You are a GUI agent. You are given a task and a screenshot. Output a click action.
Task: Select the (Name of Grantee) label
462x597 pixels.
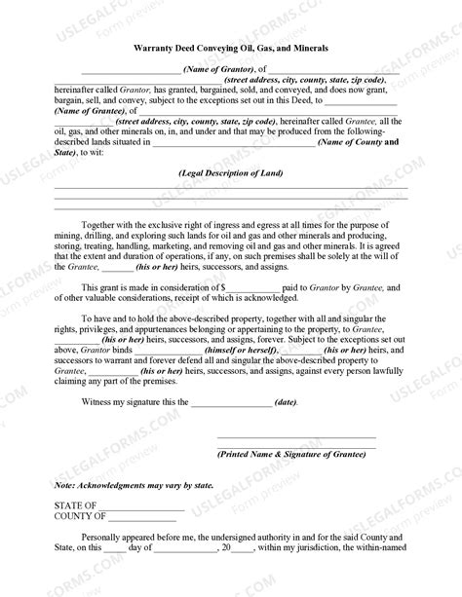click(x=87, y=111)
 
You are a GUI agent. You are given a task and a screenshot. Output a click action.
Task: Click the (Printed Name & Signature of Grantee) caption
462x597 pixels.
click(x=291, y=454)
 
